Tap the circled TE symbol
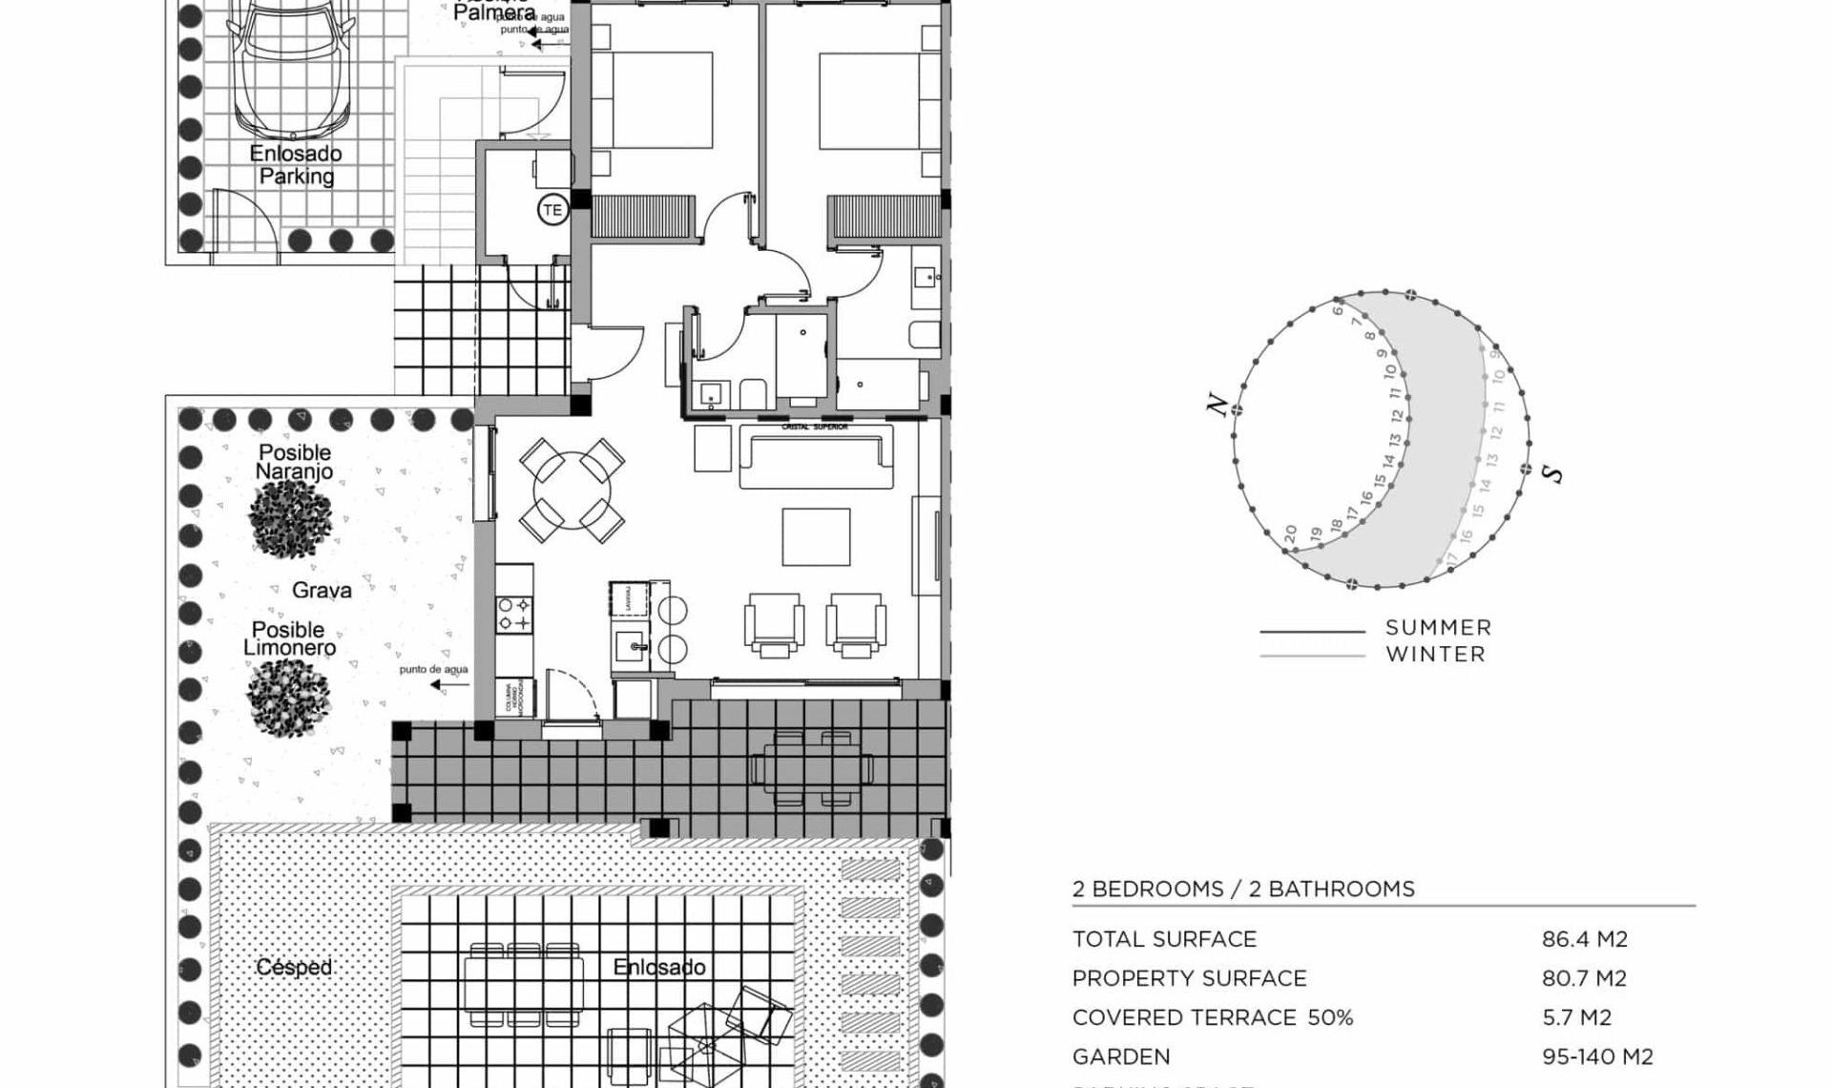[552, 210]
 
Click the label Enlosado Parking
[296, 165]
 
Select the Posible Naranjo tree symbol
[291, 516]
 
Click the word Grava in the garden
[322, 591]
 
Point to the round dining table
[572, 492]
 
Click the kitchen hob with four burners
[513, 614]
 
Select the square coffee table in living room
[816, 537]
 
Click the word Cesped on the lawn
[294, 967]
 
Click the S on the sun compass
[1553, 473]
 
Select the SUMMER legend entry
[1438, 628]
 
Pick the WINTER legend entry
[1435, 655]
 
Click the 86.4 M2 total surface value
[1584, 939]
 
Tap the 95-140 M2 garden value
[1596, 1057]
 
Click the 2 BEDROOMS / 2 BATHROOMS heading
[1243, 889]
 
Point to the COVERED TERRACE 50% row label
[1212, 1017]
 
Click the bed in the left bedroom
[660, 100]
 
